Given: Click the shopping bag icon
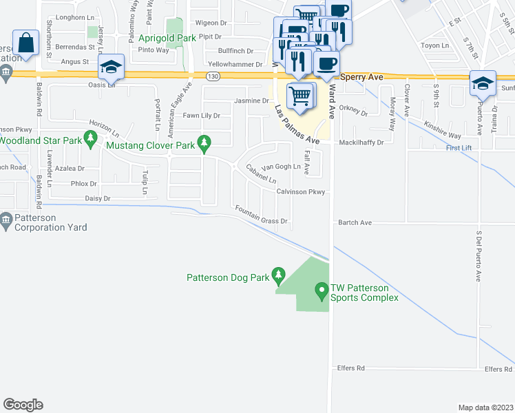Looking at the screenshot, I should click(x=26, y=43).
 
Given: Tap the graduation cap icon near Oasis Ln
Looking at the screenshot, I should click(x=111, y=67).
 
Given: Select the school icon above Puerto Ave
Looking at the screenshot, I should click(x=483, y=83).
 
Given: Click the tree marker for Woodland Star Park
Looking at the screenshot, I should click(x=90, y=140).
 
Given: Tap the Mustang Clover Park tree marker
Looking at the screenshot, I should click(x=204, y=145).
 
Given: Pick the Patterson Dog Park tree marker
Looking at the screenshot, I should click(x=278, y=277).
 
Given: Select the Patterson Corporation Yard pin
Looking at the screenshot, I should click(x=6, y=222).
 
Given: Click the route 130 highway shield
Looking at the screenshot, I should click(x=215, y=75).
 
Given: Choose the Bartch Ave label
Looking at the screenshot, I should click(x=355, y=223).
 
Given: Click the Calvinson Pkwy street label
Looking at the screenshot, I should click(x=300, y=193).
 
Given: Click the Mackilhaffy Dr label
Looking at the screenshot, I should click(x=360, y=142).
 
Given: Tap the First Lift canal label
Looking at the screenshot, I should click(x=459, y=149).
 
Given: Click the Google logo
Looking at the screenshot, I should click(x=23, y=405).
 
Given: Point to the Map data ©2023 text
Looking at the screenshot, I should click(x=485, y=407).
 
